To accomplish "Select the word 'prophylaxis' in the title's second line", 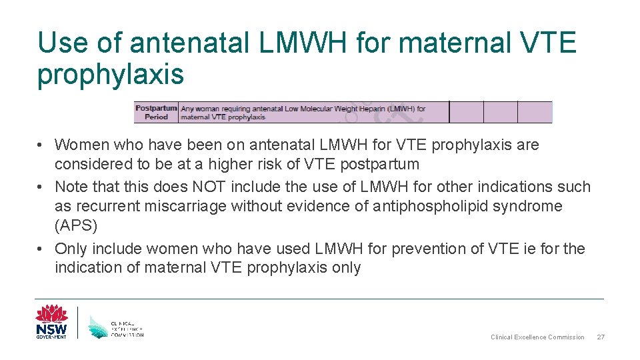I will [110, 75].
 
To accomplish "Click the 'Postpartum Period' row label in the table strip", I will [156, 112].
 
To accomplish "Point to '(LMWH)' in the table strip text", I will [403, 108].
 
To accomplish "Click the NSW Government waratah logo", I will [51, 322].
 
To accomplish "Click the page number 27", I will [599, 337].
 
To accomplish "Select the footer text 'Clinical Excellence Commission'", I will [537, 337].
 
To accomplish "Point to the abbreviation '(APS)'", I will [76, 225].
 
